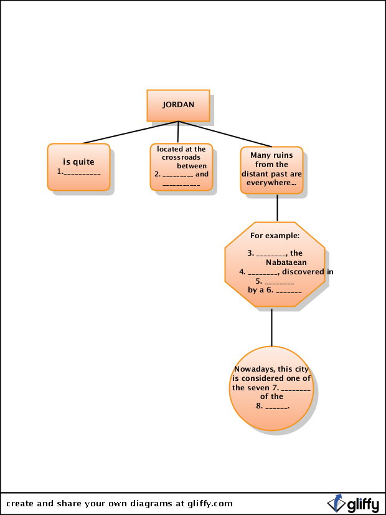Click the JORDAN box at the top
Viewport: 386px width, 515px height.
point(178,105)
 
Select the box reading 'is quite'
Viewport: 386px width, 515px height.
point(78,166)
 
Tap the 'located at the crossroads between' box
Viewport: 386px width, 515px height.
point(181,166)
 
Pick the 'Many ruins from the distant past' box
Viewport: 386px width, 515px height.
point(271,170)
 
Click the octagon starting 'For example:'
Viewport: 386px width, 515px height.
point(275,264)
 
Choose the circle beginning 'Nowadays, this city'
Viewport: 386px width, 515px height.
point(271,388)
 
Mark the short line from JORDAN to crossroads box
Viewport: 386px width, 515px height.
point(178,132)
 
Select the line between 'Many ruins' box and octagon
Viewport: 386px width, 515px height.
point(277,208)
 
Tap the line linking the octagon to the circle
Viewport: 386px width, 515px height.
point(271,327)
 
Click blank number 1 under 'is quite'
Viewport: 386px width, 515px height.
point(82,171)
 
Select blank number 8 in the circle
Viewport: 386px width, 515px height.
point(276,407)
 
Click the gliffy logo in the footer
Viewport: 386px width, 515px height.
point(353,504)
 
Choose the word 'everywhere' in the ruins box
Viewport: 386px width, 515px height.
point(268,183)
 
